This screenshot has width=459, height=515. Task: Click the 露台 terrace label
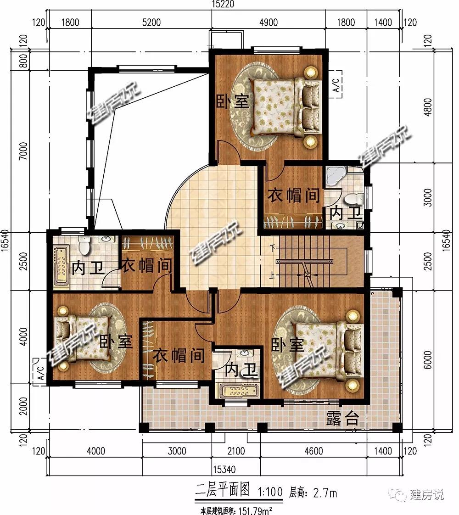[x=342, y=418]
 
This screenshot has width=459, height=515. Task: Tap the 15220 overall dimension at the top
[x=223, y=4]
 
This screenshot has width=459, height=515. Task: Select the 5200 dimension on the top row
[x=151, y=22]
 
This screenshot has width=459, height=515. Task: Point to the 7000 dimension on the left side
[x=23, y=151]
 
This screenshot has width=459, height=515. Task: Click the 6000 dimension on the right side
[x=427, y=360]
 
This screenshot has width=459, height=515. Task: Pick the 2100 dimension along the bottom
[x=236, y=451]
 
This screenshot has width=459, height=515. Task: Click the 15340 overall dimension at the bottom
[x=224, y=470]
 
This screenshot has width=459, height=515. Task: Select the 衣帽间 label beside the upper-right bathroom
[x=293, y=196]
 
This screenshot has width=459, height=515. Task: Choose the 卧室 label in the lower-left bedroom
[x=116, y=342]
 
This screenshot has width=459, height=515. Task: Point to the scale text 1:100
[x=270, y=492]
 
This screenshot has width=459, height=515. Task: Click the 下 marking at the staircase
[x=273, y=248]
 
